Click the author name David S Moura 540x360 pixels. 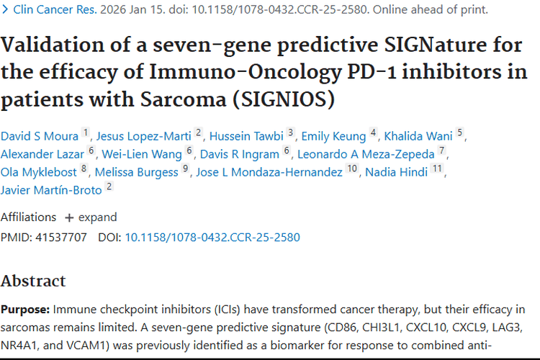pos(40,136)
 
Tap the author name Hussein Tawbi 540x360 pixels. pos(245,136)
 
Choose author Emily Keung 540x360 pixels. pos(334,136)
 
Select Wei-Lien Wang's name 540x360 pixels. pos(142,154)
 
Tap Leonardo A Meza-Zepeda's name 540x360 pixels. pos(366,154)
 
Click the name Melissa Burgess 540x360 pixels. pos(138,172)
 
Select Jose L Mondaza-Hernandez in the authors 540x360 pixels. pos(267,172)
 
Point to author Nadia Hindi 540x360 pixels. pos(397,172)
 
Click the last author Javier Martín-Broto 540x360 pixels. pos(51,190)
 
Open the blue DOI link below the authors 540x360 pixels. pos(212,237)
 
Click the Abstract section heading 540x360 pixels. pos(33,281)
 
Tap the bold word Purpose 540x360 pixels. pos(24,310)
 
